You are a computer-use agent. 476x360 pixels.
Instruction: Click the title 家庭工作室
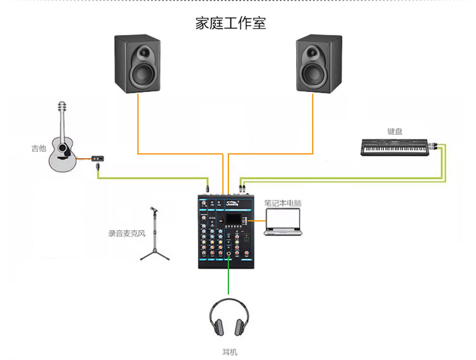click(231, 23)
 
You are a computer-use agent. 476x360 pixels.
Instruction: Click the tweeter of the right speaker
click(312, 53)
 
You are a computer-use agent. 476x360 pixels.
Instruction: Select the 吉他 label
click(39, 148)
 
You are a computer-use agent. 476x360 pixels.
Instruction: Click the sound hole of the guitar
click(63, 148)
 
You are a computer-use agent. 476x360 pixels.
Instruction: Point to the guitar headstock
click(62, 107)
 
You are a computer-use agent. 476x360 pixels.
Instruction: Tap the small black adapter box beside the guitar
click(98, 158)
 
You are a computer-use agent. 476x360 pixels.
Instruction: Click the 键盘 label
click(395, 131)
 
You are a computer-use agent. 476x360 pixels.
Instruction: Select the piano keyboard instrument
click(395, 147)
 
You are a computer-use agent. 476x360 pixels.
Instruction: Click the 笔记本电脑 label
click(282, 203)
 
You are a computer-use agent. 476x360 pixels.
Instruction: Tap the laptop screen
click(283, 219)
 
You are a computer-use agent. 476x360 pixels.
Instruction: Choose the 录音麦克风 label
click(127, 233)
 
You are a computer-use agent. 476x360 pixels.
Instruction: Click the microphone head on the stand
click(154, 210)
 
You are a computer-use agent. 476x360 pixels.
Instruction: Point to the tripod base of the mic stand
click(155, 255)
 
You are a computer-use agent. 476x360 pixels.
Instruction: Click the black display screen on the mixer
click(233, 219)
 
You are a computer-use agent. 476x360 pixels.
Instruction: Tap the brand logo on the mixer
click(232, 204)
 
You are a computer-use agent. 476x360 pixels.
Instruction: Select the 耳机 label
click(230, 352)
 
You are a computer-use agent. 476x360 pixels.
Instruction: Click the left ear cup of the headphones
click(217, 326)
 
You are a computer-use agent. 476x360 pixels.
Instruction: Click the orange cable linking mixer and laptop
click(258, 220)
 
